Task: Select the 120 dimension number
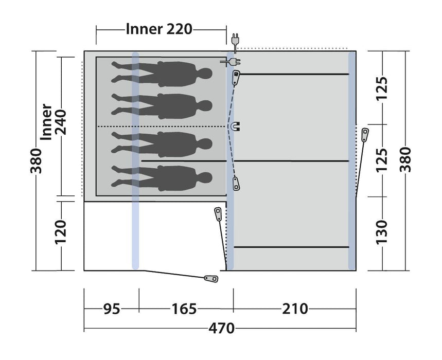coord(60,232)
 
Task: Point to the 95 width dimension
coord(111,309)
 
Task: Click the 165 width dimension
coord(184,309)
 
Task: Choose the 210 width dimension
coord(295,309)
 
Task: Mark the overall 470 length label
coord(221,328)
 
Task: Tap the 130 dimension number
coord(382,232)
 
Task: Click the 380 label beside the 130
coord(406,160)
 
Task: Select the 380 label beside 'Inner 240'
coord(36,160)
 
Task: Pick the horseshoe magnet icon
coord(236,126)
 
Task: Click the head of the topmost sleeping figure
coord(206,74)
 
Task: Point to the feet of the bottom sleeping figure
coord(116,178)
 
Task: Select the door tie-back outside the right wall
coord(365,135)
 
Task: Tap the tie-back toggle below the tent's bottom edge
coord(210,278)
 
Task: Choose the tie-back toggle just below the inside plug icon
coord(236,78)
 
